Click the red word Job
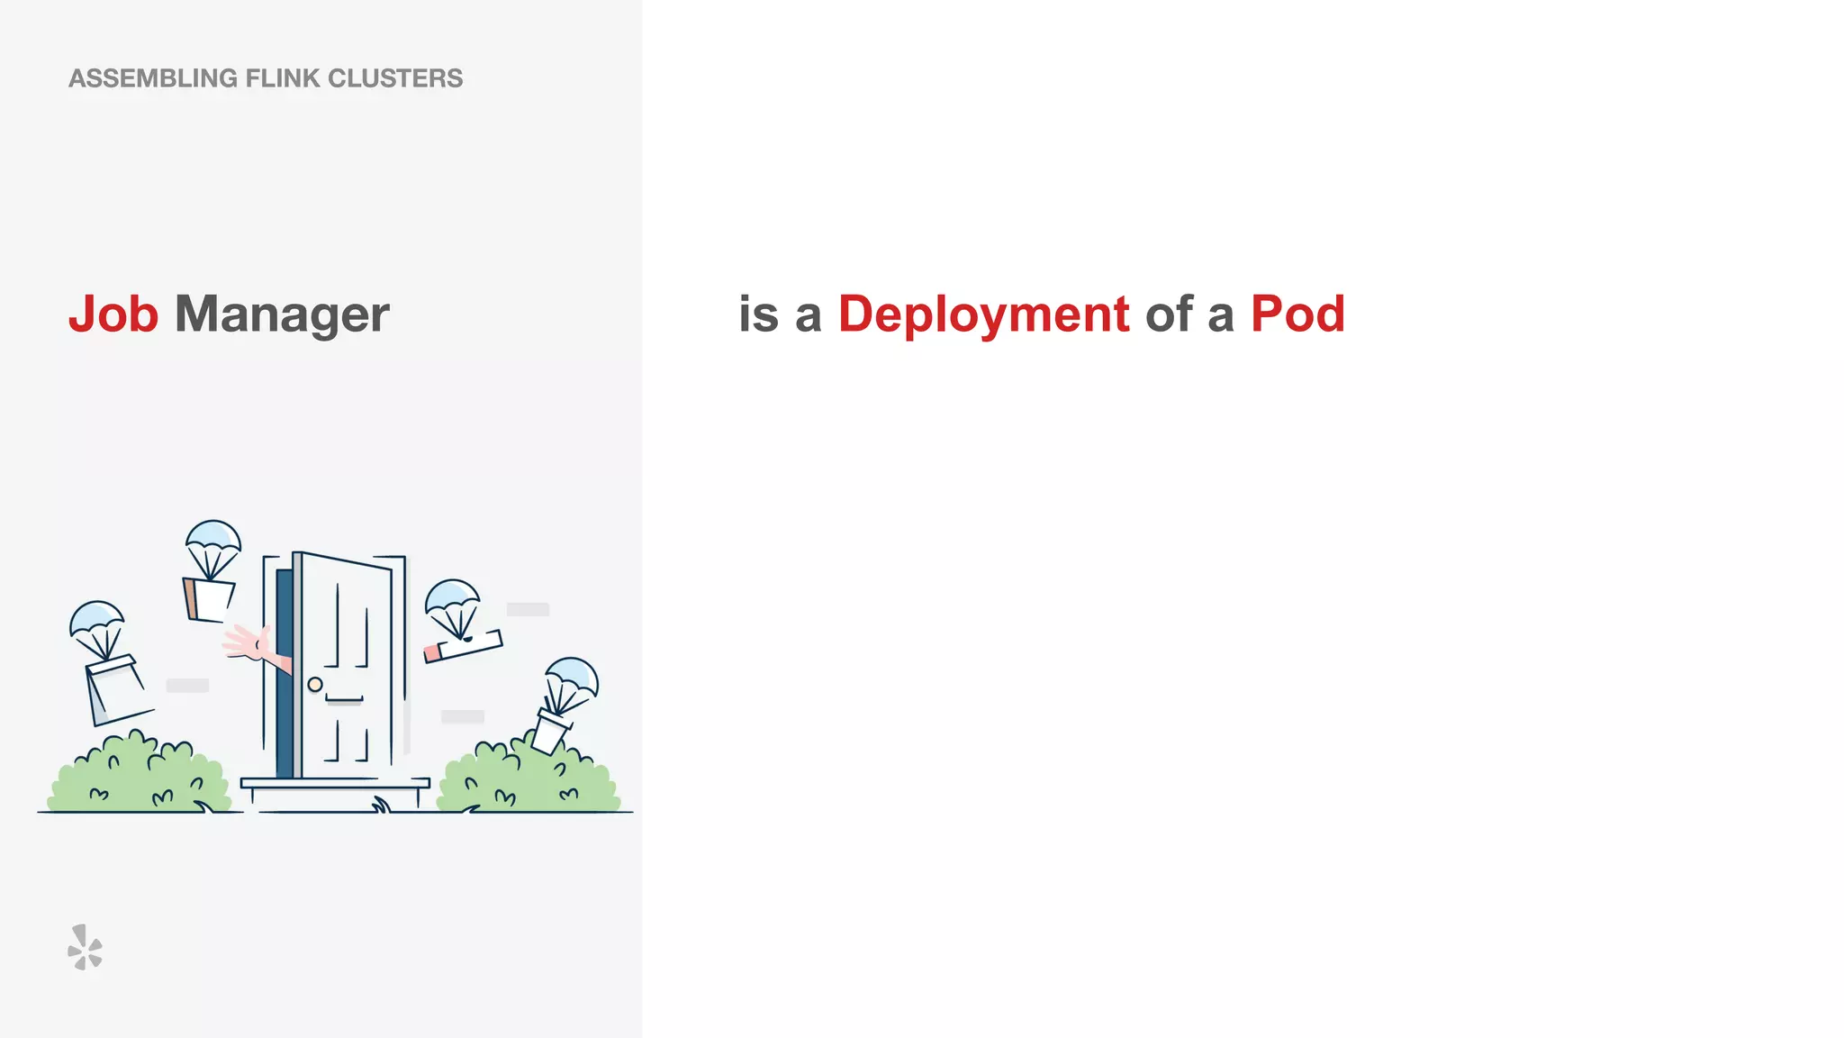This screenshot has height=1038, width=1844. (x=113, y=314)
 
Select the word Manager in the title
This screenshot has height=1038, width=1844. (x=282, y=314)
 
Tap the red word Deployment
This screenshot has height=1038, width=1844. (x=983, y=314)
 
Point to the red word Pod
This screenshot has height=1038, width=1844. (x=1297, y=314)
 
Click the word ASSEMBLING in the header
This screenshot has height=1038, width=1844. (x=153, y=78)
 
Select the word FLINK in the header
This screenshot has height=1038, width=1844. (x=283, y=78)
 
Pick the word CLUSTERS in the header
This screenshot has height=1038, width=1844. (x=395, y=78)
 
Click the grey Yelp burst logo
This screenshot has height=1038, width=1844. (x=85, y=947)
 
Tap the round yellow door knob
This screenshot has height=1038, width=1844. (x=315, y=685)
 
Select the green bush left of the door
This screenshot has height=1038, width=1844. (x=140, y=777)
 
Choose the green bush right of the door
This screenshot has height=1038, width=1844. (x=527, y=779)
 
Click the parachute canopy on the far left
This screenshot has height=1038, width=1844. (x=96, y=617)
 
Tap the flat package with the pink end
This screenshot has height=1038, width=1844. (x=463, y=645)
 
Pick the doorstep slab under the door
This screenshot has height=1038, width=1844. (x=335, y=784)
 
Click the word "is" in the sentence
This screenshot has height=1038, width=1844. (x=758, y=314)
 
